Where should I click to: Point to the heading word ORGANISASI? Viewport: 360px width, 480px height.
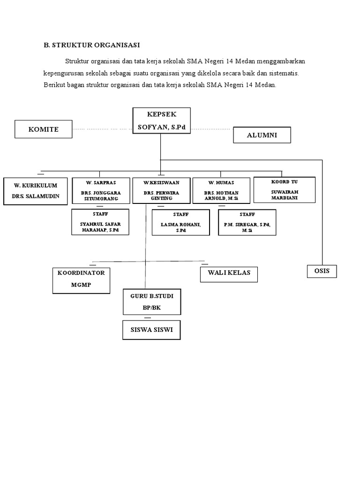(x=117, y=45)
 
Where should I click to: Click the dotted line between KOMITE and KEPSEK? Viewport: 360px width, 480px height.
(x=102, y=129)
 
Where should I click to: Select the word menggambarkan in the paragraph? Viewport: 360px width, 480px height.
(x=281, y=61)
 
